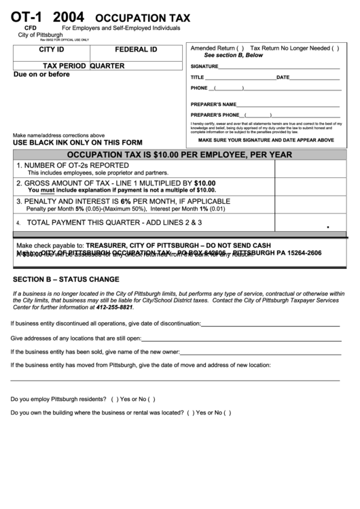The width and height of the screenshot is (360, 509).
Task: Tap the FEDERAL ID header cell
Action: click(136, 50)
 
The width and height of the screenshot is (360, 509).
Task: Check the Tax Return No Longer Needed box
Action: click(335, 49)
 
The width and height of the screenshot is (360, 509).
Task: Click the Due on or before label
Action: click(41, 74)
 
